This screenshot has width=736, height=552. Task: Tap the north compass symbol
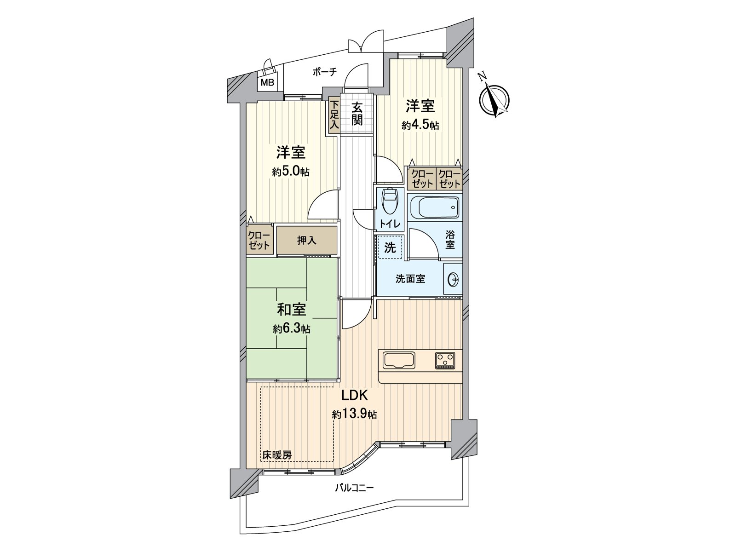tap(494, 98)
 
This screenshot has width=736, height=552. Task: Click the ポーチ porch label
tap(325, 71)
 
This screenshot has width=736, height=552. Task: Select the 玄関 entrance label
tap(357, 114)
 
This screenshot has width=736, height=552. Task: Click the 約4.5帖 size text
tap(420, 126)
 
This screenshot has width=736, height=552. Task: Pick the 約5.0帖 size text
tap(290, 172)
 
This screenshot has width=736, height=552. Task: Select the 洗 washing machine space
tap(390, 247)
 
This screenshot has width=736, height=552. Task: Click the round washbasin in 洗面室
tap(453, 279)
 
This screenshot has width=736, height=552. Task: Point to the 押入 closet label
tap(306, 240)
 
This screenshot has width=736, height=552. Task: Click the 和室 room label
tap(291, 310)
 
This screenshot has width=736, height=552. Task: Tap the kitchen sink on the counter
tap(398, 360)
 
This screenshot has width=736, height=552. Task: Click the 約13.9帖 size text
tap(355, 414)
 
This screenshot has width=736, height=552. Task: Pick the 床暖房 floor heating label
tap(277, 455)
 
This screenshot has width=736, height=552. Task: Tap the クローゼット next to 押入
tap(259, 240)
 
